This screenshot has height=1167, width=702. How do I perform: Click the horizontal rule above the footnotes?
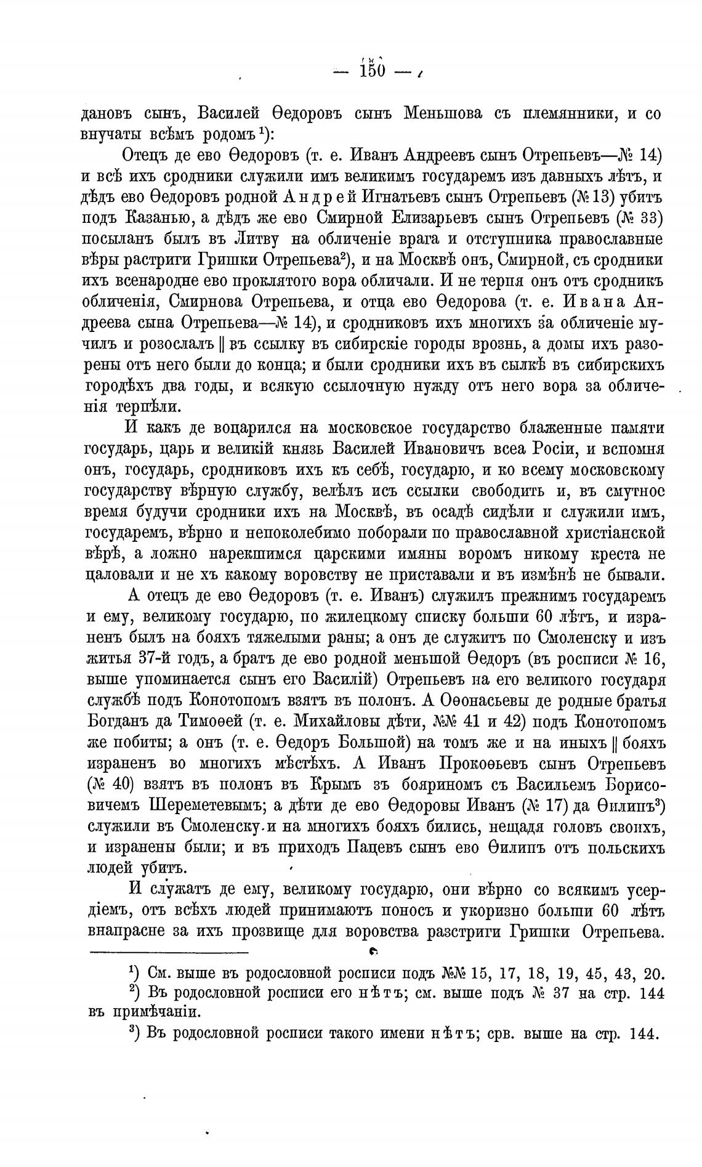coord(169,953)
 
